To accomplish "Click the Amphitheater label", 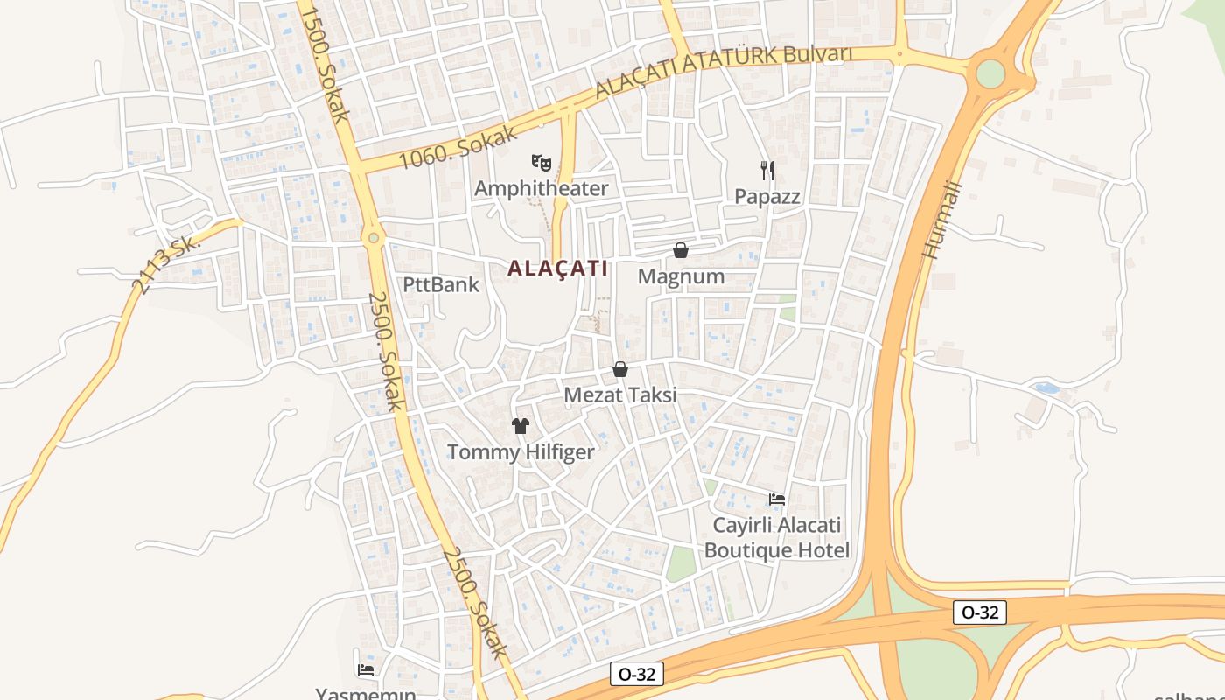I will pyautogui.click(x=541, y=188).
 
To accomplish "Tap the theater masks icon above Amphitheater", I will pyautogui.click(x=542, y=162).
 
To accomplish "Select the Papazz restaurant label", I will pyautogui.click(x=767, y=196).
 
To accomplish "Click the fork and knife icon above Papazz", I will pyautogui.click(x=767, y=170).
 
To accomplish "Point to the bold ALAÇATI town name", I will pyautogui.click(x=558, y=269).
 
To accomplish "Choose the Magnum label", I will pyautogui.click(x=681, y=276).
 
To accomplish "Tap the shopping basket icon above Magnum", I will pyautogui.click(x=681, y=250).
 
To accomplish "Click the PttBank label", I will pyautogui.click(x=441, y=284).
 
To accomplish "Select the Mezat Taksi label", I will pyautogui.click(x=620, y=395).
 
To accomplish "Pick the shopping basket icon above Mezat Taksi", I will pyautogui.click(x=620, y=369).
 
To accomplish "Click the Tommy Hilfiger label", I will pyautogui.click(x=521, y=452).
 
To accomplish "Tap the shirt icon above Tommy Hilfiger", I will pyautogui.click(x=521, y=426).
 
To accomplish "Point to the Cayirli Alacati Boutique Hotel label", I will pyautogui.click(x=777, y=537).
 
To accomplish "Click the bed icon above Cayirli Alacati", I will pyautogui.click(x=777, y=500).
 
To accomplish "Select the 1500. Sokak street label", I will pyautogui.click(x=324, y=63).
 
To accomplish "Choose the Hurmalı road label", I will pyautogui.click(x=941, y=220).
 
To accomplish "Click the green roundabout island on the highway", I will pyautogui.click(x=990, y=73).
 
